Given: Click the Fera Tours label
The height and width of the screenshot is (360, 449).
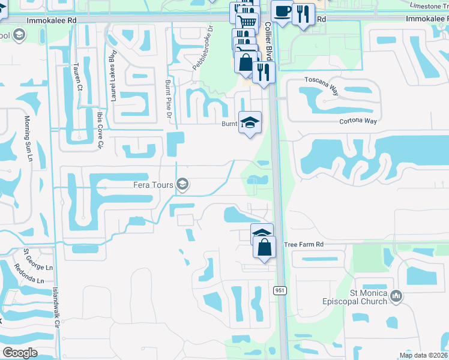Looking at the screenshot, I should pyautogui.click(x=154, y=185).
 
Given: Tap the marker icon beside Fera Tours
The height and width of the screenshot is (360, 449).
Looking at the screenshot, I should pyautogui.click(x=183, y=185).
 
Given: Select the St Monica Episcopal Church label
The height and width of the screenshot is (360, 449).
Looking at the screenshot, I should pyautogui.click(x=361, y=296).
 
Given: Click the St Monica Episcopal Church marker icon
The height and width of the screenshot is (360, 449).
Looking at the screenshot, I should pyautogui.click(x=396, y=296).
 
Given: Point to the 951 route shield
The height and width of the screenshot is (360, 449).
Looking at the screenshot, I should pyautogui.click(x=279, y=290).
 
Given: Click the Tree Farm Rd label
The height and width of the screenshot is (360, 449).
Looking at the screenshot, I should pyautogui.click(x=304, y=245).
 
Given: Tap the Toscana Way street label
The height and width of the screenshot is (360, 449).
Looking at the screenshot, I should pyautogui.click(x=322, y=79).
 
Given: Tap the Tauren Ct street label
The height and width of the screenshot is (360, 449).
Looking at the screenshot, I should pyautogui.click(x=79, y=77).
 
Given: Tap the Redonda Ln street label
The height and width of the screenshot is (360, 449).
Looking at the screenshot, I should pyautogui.click(x=32, y=278).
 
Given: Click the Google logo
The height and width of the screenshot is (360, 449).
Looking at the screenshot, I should pyautogui.click(x=20, y=353).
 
